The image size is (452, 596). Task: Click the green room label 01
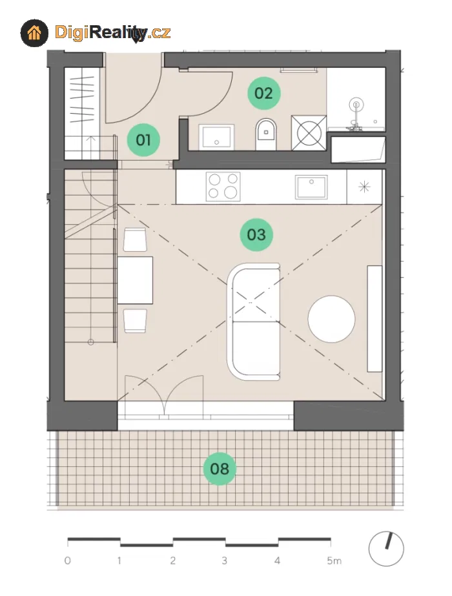tap(143, 140)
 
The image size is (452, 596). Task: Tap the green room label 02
tap(264, 93)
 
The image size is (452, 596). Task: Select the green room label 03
tap(256, 234)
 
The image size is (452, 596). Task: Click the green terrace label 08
tap(220, 469)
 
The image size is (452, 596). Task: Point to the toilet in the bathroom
tap(266, 134)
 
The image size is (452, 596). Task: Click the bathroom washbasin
tap(216, 137)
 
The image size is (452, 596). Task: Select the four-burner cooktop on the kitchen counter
tap(223, 186)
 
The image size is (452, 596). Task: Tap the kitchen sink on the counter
tap(311, 187)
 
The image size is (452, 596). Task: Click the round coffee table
tap(331, 319)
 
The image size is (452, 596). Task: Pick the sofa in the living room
tap(254, 322)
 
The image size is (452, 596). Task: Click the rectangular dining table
tap(135, 280)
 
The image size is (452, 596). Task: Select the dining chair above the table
tap(135, 240)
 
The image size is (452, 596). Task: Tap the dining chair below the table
tap(135, 321)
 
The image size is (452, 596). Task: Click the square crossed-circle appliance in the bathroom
tap(309, 132)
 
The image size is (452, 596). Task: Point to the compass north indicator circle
tap(386, 549)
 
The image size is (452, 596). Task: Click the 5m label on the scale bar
tap(334, 560)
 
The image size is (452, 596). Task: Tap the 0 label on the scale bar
tap(68, 560)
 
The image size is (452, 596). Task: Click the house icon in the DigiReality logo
tap(35, 33)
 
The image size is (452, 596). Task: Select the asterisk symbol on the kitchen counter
tap(364, 187)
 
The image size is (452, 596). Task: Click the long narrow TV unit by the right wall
tap(375, 318)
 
